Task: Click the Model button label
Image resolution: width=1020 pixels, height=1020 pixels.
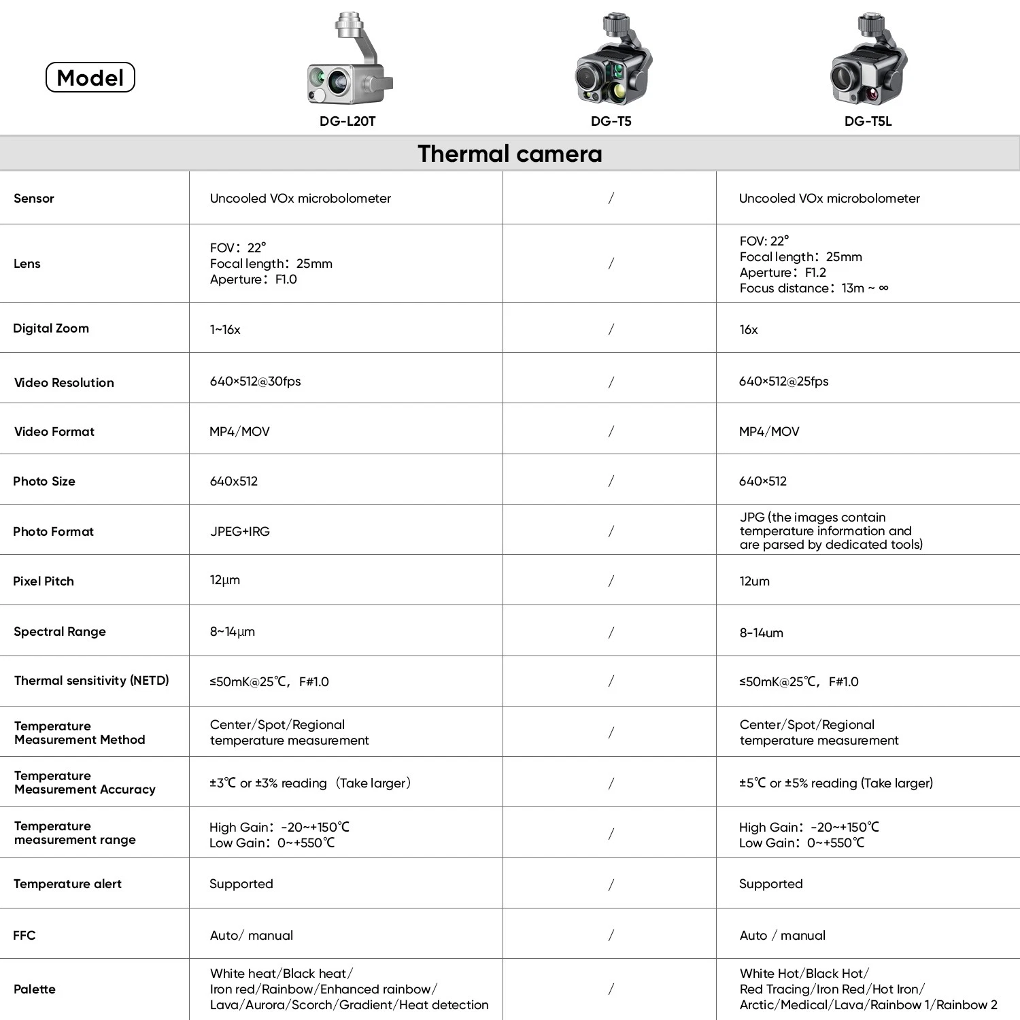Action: point(90,78)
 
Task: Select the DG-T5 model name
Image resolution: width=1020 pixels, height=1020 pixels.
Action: point(611,121)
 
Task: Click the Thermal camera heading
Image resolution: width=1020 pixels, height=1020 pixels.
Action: point(509,154)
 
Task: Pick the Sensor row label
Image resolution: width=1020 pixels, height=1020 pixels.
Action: point(34,199)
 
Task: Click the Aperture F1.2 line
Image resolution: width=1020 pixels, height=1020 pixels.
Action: point(783,273)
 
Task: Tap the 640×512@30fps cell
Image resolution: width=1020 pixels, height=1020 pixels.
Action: point(255,381)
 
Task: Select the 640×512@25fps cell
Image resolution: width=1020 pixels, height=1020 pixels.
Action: point(783,381)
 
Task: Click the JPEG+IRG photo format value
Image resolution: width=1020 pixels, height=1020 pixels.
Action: point(239,532)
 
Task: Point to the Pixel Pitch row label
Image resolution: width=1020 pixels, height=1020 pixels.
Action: point(44,581)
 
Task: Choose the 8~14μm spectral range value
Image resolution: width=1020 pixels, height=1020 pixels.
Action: point(232,632)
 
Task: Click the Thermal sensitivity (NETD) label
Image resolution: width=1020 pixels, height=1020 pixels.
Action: point(92,681)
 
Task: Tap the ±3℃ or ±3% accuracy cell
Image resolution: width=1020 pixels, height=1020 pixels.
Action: point(310,783)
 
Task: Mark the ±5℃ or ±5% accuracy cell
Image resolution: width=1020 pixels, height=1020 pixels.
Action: point(836,783)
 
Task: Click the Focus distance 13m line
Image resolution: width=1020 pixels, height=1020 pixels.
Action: point(814,288)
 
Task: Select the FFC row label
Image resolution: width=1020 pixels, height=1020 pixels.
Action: point(24,936)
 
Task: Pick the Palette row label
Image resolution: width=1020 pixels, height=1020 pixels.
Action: point(35,989)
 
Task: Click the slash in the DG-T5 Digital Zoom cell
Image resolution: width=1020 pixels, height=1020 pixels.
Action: point(611,330)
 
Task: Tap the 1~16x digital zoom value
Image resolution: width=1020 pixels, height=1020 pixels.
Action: point(225,330)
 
